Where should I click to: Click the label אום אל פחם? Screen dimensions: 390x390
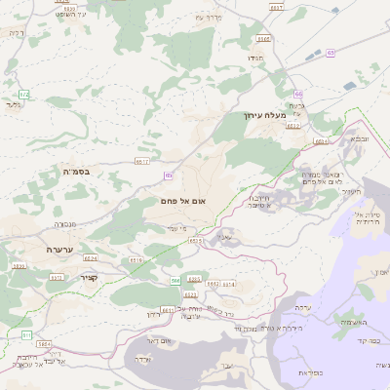188,200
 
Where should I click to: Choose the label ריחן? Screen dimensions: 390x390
151,315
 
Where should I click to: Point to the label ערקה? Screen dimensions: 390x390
303,307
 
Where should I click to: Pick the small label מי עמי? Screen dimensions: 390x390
190,227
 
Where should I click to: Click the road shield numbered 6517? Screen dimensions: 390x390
142,161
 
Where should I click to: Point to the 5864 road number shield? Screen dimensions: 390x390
43,343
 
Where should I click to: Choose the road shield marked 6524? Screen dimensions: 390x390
91,258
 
